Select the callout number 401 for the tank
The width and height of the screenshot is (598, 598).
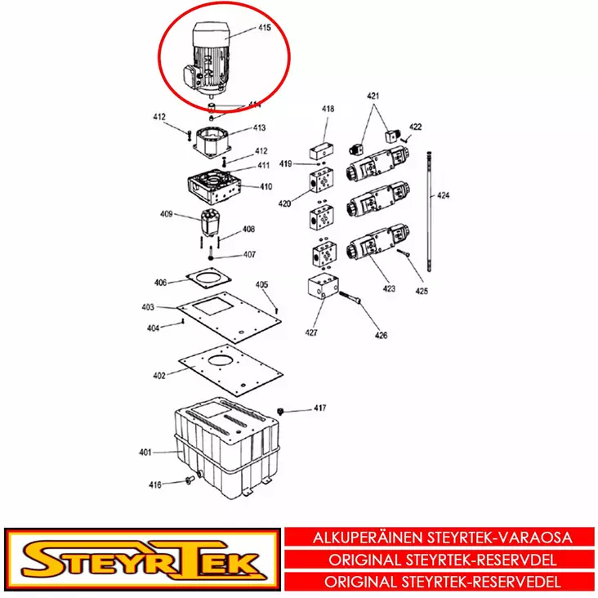(145, 452)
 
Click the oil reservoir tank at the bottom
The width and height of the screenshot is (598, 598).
(225, 445)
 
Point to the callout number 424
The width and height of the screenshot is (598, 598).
(443, 195)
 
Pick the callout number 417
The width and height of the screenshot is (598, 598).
(319, 407)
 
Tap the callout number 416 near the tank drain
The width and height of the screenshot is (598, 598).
(155, 484)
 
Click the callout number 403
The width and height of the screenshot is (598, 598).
(148, 307)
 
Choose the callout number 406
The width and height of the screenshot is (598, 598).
(161, 283)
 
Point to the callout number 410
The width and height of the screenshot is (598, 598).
(266, 187)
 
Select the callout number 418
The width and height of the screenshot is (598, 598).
(328, 109)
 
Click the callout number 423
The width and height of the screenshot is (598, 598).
(389, 288)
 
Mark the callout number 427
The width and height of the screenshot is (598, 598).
(311, 332)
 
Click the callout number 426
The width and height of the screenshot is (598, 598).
(382, 335)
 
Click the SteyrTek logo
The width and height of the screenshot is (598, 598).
(142, 561)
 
